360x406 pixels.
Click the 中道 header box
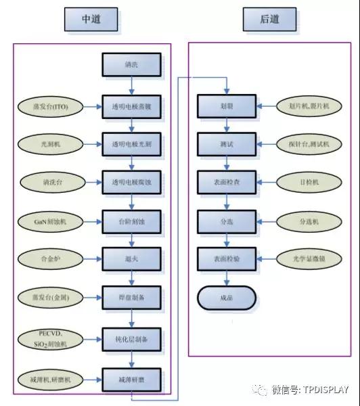(x=92, y=20)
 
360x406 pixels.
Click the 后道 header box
(x=270, y=20)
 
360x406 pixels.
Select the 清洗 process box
(x=131, y=65)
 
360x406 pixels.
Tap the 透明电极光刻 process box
(x=131, y=143)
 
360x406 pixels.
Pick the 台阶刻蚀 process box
(x=131, y=221)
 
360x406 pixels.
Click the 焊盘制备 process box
(x=131, y=297)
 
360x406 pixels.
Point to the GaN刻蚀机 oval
(x=51, y=221)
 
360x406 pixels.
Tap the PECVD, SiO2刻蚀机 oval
(x=51, y=338)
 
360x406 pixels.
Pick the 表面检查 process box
(x=226, y=182)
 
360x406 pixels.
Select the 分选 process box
(x=226, y=221)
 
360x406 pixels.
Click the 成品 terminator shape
(x=226, y=297)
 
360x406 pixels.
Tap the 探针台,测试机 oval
(x=308, y=143)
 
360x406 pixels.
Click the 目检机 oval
(x=308, y=182)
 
